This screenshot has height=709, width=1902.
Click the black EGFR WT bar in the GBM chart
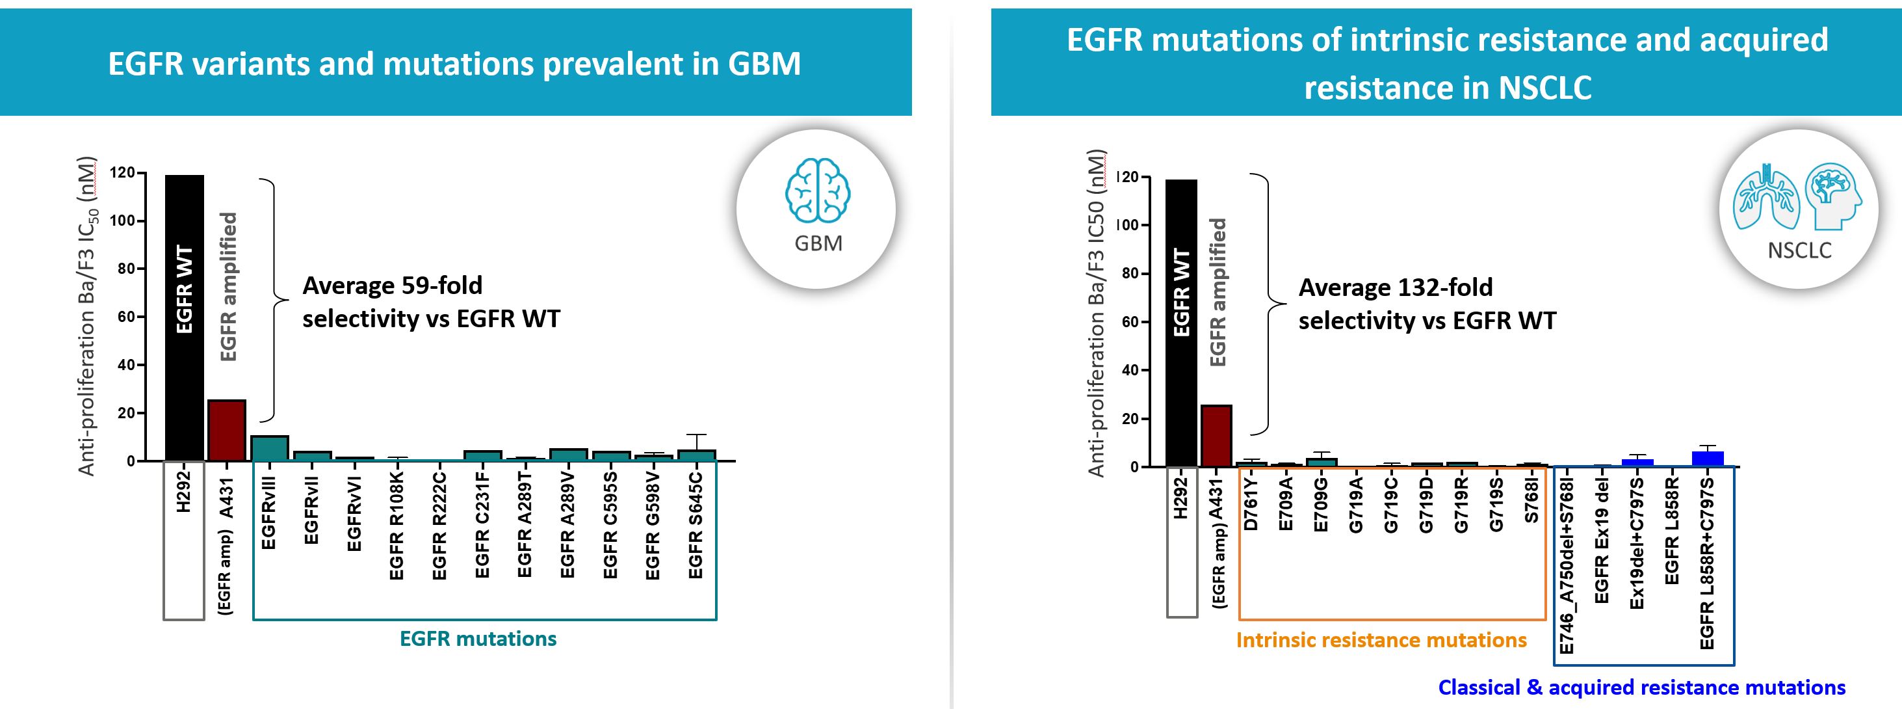click(184, 317)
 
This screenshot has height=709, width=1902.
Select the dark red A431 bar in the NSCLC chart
click(1216, 436)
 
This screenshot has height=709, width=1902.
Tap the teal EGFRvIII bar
click(270, 448)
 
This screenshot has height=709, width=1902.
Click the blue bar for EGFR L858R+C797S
click(1707, 459)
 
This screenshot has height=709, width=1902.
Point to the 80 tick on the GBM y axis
click(126, 269)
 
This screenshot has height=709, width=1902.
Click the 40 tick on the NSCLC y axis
click(1130, 370)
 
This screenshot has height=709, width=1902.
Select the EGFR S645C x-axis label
click(696, 525)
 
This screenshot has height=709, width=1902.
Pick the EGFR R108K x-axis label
click(397, 525)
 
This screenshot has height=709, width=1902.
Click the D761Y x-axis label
click(1250, 503)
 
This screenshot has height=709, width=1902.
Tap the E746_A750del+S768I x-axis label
click(1566, 565)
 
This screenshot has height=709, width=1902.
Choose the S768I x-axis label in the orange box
click(1531, 502)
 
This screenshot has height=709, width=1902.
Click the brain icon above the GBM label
click(817, 191)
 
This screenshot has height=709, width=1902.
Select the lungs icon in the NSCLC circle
click(1765, 198)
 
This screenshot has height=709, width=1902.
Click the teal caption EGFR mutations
click(478, 639)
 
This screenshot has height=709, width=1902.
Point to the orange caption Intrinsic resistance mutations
click(1381, 640)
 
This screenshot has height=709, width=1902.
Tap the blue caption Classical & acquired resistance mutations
click(1641, 688)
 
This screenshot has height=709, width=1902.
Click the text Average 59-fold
click(392, 285)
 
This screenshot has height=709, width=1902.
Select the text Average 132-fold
click(1395, 288)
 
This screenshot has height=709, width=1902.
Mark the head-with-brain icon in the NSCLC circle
click(1832, 195)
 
